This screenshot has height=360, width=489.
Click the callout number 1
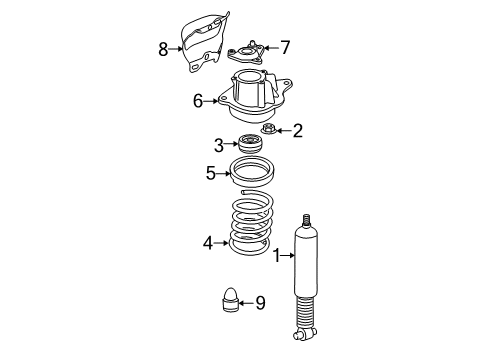point(277,256)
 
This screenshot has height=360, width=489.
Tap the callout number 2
point(297,131)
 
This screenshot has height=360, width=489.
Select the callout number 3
point(219,145)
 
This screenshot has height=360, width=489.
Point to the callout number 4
point(208,243)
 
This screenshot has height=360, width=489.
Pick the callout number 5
point(211,173)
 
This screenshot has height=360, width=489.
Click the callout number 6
point(198,101)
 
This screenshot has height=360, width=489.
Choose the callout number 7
point(285,47)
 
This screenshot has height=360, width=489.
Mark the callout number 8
point(163,49)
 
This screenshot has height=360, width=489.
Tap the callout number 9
point(260,303)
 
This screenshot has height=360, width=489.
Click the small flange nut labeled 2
point(268,128)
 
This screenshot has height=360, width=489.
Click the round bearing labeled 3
point(251,143)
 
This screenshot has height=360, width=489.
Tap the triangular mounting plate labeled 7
point(246,54)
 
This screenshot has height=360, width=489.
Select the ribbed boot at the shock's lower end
point(305,312)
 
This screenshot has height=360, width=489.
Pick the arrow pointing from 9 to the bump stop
point(246,303)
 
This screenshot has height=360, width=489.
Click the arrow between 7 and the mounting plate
point(271,48)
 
